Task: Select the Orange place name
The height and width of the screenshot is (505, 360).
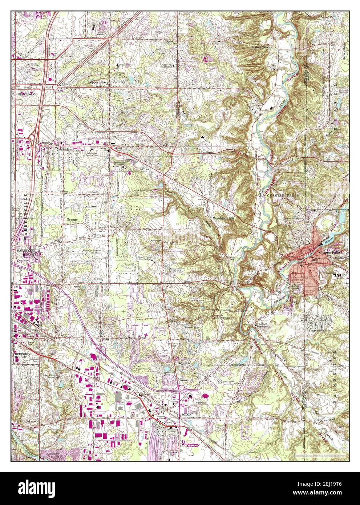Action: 72,220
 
